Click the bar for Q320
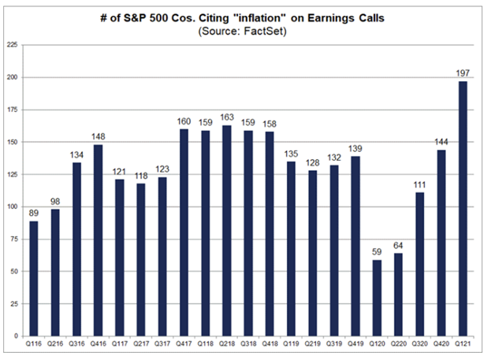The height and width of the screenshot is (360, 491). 420,265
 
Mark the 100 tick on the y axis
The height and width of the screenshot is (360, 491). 13,207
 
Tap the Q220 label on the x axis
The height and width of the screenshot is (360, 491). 398,344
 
